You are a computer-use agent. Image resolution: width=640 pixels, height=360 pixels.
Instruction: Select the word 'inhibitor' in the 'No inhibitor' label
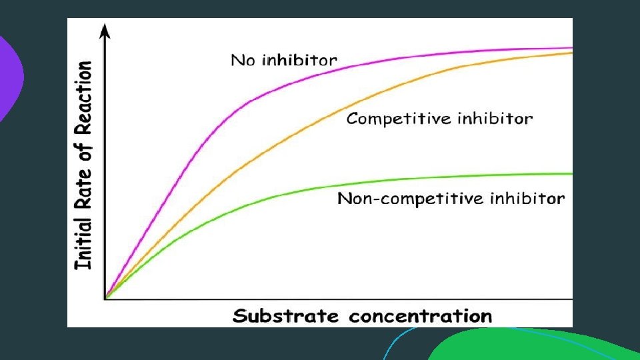point(299,60)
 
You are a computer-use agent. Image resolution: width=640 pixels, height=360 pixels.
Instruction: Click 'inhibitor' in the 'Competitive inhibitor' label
point(495,119)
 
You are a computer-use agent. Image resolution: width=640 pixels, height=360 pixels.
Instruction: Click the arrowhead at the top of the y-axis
point(105,29)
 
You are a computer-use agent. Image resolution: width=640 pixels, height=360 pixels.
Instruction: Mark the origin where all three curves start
point(105,298)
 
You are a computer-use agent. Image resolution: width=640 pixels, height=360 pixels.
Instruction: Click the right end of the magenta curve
point(571,48)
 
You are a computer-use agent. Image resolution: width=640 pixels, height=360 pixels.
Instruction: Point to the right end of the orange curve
point(571,53)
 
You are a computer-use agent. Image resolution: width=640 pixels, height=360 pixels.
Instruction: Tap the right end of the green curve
point(571,174)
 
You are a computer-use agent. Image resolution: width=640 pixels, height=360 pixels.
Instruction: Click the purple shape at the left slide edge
point(9,77)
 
